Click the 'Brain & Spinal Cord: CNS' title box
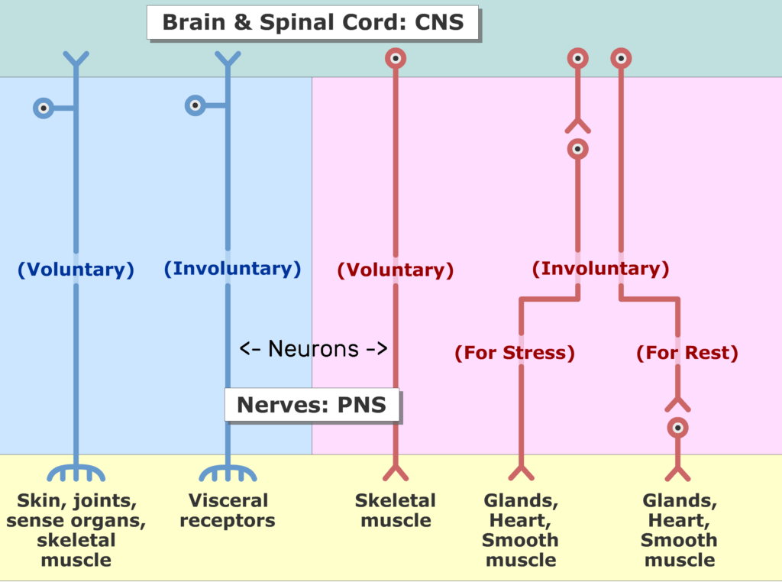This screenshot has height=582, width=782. coord(312,22)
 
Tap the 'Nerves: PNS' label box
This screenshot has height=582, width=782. coord(312,405)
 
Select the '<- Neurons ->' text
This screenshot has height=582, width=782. coord(313,348)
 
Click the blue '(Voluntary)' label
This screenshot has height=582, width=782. coord(76,270)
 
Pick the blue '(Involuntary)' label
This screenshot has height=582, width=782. coord(232,268)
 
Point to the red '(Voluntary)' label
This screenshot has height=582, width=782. coord(396,270)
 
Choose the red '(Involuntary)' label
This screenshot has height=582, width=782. coord(600,268)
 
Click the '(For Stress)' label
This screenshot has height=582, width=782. coord(515,353)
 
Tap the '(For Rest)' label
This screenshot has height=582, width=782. coord(687,353)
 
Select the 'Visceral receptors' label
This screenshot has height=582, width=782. coord(228,510)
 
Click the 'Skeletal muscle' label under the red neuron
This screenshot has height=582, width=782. coord(396,510)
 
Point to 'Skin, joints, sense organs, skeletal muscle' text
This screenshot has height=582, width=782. coord(76,529)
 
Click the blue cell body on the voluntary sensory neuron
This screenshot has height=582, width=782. coord(44,108)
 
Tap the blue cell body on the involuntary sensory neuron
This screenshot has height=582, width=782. coord(195,105)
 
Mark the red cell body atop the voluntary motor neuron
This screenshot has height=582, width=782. coord(396,58)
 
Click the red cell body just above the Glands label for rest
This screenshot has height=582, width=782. coord(678,428)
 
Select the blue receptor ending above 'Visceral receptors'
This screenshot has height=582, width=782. coord(228,473)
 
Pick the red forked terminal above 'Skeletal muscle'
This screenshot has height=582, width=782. coord(396,472)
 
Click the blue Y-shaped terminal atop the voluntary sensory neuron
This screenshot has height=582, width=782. coord(76,59)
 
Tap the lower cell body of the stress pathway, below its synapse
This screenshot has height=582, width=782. coord(578,149)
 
